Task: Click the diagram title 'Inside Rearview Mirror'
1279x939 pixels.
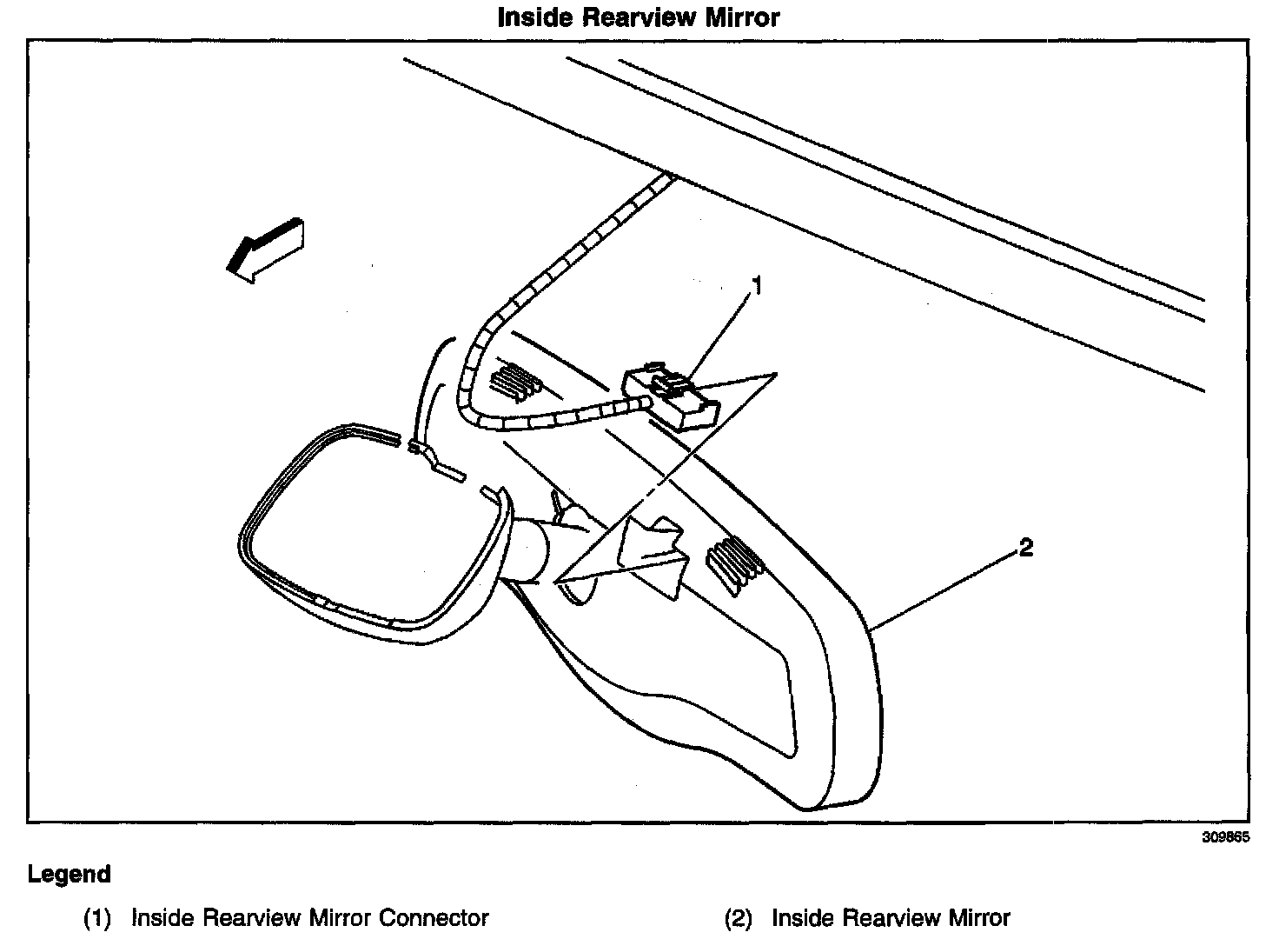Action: coord(639,17)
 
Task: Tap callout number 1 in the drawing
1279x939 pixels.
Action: coord(757,286)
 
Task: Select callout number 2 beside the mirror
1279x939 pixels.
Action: coord(1025,548)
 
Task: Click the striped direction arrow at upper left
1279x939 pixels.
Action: coord(263,249)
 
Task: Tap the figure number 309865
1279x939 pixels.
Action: coord(1225,838)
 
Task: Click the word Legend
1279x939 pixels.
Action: coord(70,874)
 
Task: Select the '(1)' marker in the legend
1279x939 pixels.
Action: coord(97,918)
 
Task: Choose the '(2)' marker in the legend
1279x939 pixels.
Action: coord(738,918)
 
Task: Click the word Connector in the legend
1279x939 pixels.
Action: coord(434,918)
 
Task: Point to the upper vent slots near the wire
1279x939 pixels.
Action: coord(515,382)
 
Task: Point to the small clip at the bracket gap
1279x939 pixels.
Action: coord(419,448)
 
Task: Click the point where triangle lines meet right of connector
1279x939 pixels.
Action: coord(775,374)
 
